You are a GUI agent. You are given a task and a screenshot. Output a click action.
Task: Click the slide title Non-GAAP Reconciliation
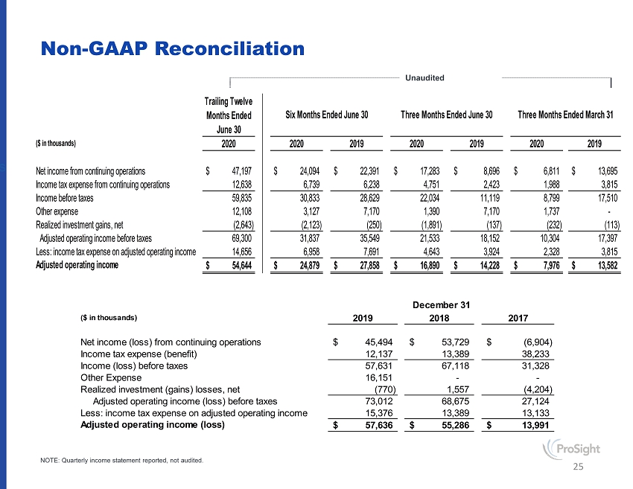click(x=173, y=49)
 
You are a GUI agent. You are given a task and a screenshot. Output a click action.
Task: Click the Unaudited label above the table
click(x=425, y=77)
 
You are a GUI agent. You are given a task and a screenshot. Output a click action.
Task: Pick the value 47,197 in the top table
click(x=237, y=170)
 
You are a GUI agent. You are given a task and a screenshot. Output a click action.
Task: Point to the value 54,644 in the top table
click(x=237, y=265)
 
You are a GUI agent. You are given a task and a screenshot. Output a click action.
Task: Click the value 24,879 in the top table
click(x=306, y=265)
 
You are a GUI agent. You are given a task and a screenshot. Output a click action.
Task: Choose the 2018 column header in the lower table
click(x=440, y=317)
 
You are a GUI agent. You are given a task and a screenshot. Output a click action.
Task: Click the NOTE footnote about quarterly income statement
click(x=121, y=461)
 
